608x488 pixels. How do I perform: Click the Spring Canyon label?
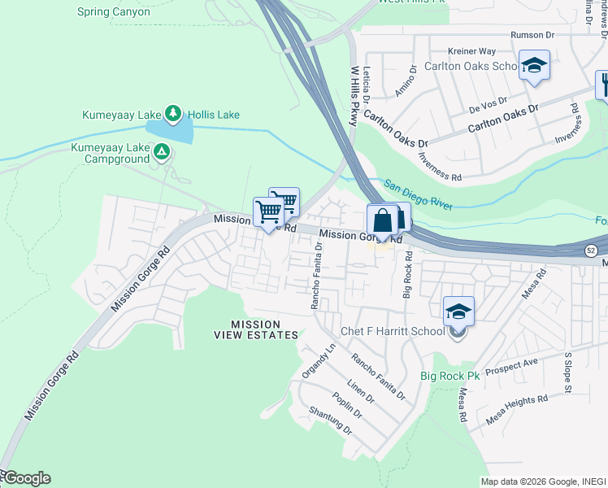(113, 12)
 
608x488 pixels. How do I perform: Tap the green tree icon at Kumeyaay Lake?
(172, 114)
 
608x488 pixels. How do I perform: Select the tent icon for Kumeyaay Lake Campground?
(162, 151)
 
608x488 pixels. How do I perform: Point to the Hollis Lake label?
(214, 115)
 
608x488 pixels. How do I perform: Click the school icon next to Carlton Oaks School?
(534, 66)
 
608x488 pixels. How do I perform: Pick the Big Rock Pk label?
(450, 376)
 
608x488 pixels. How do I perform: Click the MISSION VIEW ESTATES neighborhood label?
(256, 329)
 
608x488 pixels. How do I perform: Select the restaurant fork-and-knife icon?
(603, 85)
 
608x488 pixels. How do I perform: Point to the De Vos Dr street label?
(488, 103)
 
